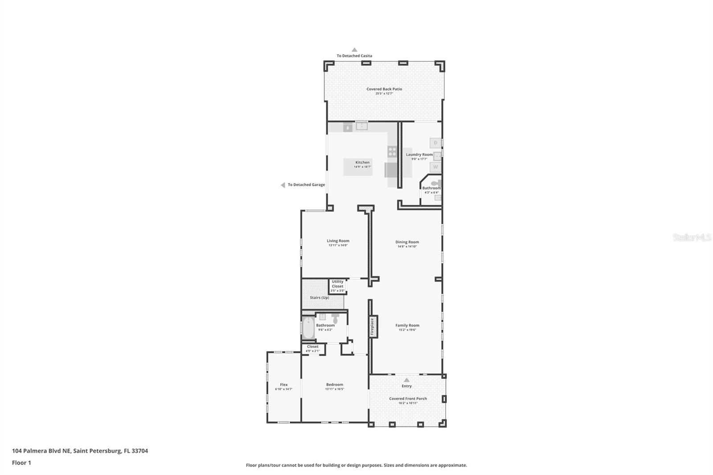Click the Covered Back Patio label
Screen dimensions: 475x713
click(384, 89)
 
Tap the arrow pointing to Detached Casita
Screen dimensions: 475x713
click(354, 50)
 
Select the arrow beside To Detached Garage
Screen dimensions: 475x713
click(283, 185)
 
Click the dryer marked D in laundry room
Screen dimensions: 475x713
click(435, 143)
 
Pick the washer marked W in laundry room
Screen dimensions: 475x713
click(435, 167)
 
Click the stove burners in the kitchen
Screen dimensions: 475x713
click(392, 152)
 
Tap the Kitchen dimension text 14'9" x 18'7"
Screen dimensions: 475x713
click(362, 167)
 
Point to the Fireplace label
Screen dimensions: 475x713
click(373, 326)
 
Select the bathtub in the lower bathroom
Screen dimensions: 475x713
click(308, 329)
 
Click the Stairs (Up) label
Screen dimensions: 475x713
click(320, 298)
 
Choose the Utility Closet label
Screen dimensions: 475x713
click(337, 284)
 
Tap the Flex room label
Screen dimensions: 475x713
click(284, 385)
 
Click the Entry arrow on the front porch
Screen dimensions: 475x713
click(406, 380)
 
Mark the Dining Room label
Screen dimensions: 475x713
click(407, 242)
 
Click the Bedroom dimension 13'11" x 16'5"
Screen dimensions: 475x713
click(335, 389)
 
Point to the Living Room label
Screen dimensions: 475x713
click(338, 241)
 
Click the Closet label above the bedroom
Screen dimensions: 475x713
click(313, 347)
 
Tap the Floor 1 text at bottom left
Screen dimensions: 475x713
click(21, 463)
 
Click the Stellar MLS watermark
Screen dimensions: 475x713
click(692, 238)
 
